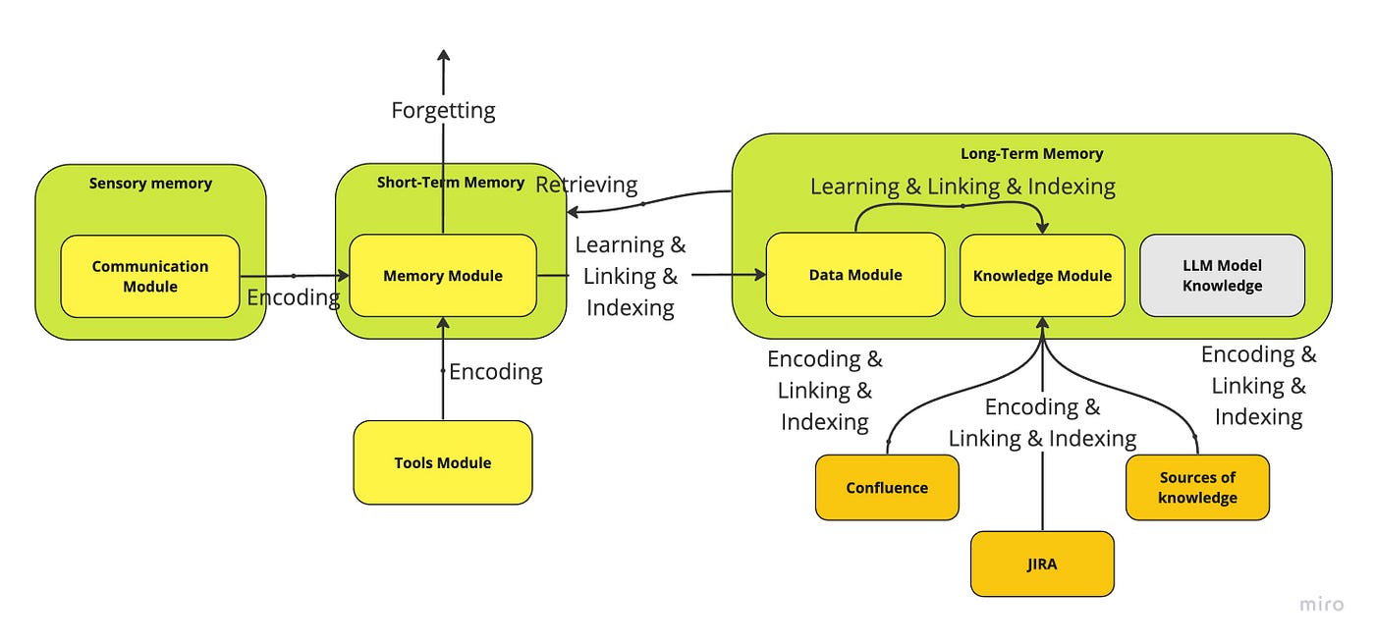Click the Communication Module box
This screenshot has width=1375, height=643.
point(150,276)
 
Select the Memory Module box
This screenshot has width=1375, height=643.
point(443,276)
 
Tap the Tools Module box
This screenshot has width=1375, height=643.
point(443,462)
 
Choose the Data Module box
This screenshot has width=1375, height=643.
point(855,275)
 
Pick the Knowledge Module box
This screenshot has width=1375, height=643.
point(1042,276)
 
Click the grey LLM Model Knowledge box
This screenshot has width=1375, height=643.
point(1222,276)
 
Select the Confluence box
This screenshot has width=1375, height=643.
point(887,488)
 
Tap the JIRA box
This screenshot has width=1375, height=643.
point(1042,564)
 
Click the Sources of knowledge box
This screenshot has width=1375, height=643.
point(1197,488)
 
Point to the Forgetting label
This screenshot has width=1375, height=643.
point(443,110)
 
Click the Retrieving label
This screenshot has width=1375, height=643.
point(586,185)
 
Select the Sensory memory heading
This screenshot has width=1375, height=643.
point(150,184)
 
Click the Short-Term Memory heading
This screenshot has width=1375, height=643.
point(451,183)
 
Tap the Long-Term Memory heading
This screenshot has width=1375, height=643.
point(1031,154)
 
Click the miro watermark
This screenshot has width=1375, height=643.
point(1321,605)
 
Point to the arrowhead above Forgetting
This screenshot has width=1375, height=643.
point(443,56)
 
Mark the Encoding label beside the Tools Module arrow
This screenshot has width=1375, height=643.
point(496,372)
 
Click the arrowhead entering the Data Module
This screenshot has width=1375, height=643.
point(759,276)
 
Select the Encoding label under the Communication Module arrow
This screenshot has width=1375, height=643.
point(293,297)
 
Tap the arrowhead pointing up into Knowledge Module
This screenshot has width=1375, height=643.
point(1042,325)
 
